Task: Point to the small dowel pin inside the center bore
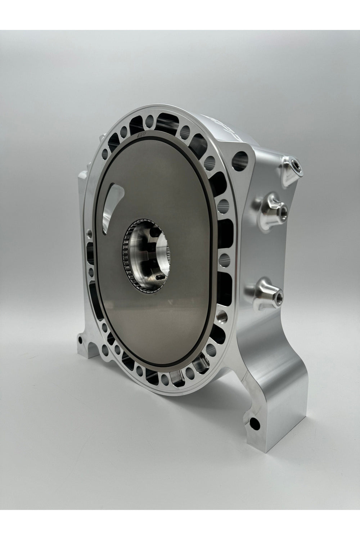(x=158, y=277)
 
